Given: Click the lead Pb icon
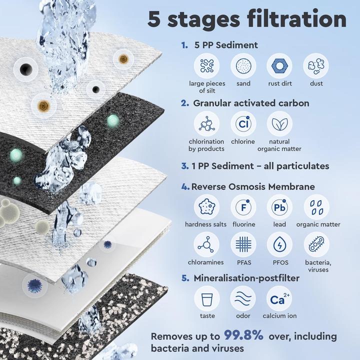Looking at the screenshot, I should click(x=279, y=207).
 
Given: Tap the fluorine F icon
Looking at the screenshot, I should click(x=243, y=207).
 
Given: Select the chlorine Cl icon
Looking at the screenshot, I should click(x=243, y=124).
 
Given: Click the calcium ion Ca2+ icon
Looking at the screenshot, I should click(x=279, y=298).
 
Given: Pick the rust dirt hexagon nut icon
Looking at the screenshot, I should click(x=279, y=65).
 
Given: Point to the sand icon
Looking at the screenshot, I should click(x=243, y=65).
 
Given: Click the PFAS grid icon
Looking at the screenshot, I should click(x=243, y=244).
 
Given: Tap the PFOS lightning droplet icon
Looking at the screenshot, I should click(x=279, y=244).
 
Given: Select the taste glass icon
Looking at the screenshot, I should click(x=206, y=298).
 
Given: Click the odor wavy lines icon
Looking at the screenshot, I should click(x=243, y=298).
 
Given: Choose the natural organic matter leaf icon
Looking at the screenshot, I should click(x=279, y=124).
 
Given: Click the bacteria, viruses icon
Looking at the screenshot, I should click(x=316, y=244).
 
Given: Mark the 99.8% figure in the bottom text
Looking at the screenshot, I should click(x=243, y=335).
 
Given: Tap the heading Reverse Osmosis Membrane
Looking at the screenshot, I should click(x=253, y=186).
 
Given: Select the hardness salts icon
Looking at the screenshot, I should click(x=206, y=207).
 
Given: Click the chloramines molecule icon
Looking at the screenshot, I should click(x=206, y=244).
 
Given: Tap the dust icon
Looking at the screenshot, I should click(x=316, y=65).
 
